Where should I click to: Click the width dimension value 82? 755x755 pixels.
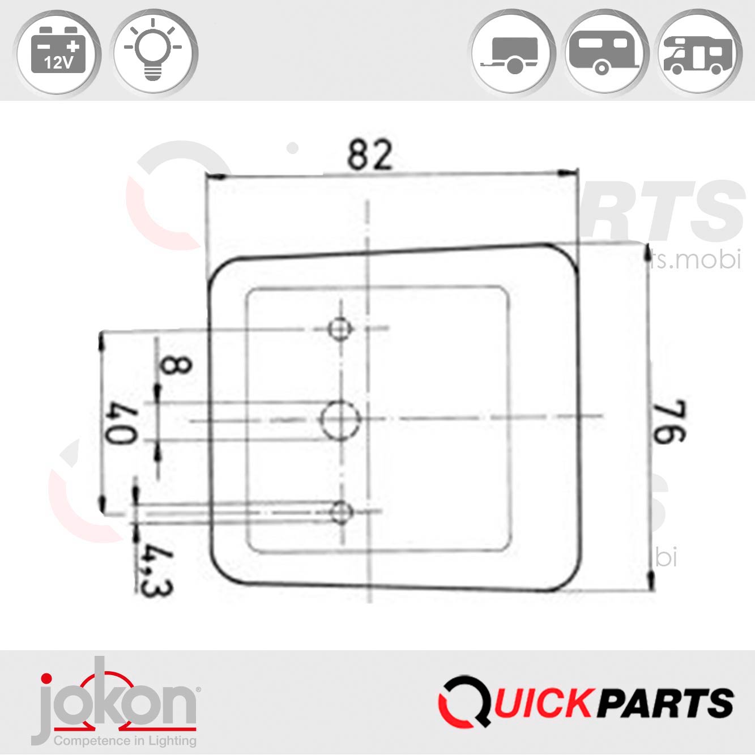click(369, 156)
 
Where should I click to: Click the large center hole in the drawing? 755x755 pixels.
click(340, 420)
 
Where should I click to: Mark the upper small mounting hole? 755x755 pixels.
click(340, 329)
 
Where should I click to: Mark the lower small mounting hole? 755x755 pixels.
click(340, 513)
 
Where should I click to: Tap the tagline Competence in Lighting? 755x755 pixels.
click(125, 740)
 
